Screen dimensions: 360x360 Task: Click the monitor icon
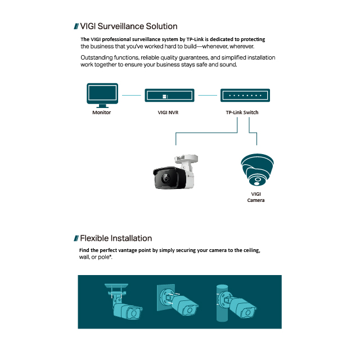click(102, 95)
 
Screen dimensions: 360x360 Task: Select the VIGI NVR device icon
click(169, 95)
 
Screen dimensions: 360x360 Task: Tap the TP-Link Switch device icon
click(245, 95)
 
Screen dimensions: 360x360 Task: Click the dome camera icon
click(257, 170)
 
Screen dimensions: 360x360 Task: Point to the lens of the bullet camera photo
click(165, 178)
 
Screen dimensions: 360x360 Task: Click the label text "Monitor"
click(101, 112)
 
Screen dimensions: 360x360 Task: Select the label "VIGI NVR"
click(168, 112)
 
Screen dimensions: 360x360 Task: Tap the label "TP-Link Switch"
click(242, 112)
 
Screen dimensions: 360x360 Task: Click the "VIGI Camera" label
click(256, 197)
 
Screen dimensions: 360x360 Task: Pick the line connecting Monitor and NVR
click(131, 95)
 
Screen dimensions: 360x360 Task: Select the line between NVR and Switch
click(208, 95)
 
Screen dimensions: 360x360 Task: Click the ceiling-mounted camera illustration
click(124, 301)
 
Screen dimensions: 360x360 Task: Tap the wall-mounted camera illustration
click(178, 300)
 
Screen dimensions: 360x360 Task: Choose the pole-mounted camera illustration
click(236, 303)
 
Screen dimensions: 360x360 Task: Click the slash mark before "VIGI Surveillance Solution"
click(76, 26)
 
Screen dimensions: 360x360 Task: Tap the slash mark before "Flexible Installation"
click(76, 238)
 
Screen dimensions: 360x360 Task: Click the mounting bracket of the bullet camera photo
click(186, 161)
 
